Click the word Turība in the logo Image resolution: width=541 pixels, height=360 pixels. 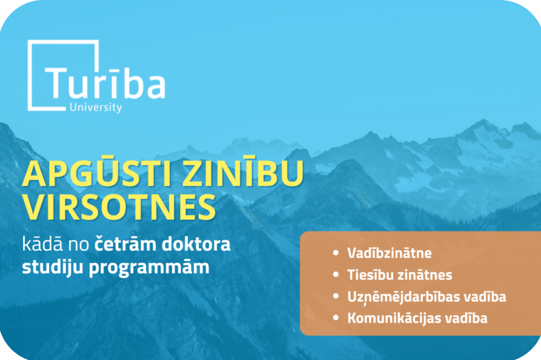coord(105,82)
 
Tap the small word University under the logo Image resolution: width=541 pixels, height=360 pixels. coord(96,107)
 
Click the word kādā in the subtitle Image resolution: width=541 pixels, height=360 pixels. coord(42,244)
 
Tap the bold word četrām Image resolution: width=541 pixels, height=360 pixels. coord(126,244)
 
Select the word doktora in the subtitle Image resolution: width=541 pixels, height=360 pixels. coord(196,244)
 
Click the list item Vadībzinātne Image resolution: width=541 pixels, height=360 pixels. coord(389,253)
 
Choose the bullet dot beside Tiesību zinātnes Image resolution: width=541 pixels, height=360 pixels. coord(336,275)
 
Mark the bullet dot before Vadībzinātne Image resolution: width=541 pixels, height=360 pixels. coord(336,253)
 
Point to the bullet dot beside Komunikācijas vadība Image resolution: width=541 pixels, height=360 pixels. coord(336,318)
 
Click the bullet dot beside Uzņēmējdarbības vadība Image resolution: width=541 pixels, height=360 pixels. coord(336,296)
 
